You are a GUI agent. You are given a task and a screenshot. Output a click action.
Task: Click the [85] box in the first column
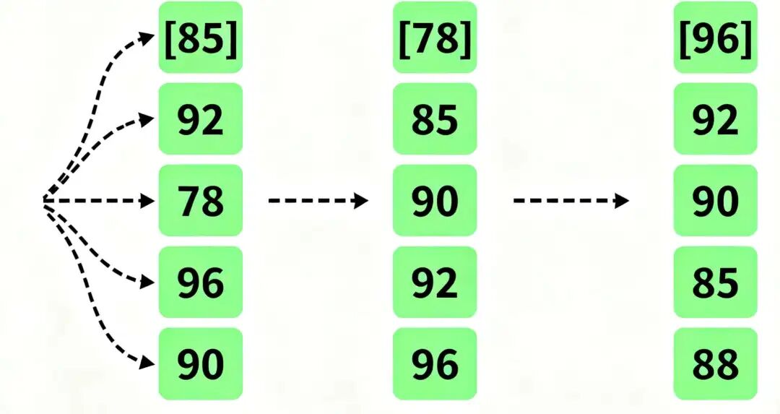(201, 38)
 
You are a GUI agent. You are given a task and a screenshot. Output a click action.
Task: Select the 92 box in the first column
(201, 119)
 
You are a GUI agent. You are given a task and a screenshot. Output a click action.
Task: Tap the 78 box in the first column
(201, 201)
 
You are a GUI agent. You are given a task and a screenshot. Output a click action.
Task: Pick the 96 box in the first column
(201, 283)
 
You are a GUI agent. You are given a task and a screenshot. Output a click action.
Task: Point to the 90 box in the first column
(201, 364)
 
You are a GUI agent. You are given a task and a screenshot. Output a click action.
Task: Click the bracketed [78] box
(435, 38)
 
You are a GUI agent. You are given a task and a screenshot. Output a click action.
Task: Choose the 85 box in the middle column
(435, 119)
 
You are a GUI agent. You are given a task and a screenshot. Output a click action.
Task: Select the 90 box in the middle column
(435, 201)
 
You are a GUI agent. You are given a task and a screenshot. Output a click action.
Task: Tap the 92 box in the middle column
(435, 283)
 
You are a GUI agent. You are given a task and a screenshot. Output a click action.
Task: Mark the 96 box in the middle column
(435, 364)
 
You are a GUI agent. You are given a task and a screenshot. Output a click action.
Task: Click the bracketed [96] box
(716, 38)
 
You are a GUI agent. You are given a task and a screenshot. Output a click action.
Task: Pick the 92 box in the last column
(716, 119)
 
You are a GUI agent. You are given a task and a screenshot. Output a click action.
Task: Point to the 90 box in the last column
(716, 201)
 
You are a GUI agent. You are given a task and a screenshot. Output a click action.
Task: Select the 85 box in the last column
(716, 283)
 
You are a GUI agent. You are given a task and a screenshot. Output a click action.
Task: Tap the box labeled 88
(716, 364)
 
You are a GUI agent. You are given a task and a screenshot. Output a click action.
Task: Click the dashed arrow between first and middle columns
(318, 201)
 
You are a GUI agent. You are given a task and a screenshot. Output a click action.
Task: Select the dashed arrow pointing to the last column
(571, 201)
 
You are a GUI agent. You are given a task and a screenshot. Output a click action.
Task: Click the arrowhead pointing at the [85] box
(149, 37)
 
